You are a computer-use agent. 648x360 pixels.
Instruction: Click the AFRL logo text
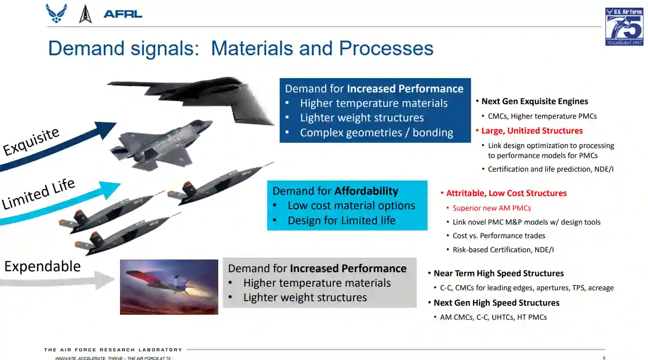click(123, 14)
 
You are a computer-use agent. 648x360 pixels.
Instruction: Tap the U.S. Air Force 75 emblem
click(624, 27)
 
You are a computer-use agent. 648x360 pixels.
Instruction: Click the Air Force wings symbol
click(57, 13)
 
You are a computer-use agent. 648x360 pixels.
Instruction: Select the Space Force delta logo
click(85, 14)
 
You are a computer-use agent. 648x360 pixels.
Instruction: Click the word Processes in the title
click(386, 48)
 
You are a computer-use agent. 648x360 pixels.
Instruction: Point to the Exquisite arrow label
click(31, 141)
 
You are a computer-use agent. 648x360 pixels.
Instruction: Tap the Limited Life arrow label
click(38, 193)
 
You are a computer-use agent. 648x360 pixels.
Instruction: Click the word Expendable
click(42, 266)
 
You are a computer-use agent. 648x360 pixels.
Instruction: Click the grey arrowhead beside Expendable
click(104, 280)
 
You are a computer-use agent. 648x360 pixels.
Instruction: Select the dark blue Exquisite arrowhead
click(106, 130)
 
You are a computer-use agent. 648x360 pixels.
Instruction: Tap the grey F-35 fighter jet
click(161, 145)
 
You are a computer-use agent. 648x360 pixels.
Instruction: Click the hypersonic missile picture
click(169, 287)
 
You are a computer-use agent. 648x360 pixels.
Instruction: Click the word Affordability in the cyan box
click(366, 191)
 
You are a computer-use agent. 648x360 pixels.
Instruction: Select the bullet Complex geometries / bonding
click(376, 133)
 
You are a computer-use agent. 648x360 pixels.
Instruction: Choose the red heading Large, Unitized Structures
click(532, 131)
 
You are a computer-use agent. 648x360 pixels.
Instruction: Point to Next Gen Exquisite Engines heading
click(535, 101)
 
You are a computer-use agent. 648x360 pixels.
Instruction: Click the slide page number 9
click(604, 358)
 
